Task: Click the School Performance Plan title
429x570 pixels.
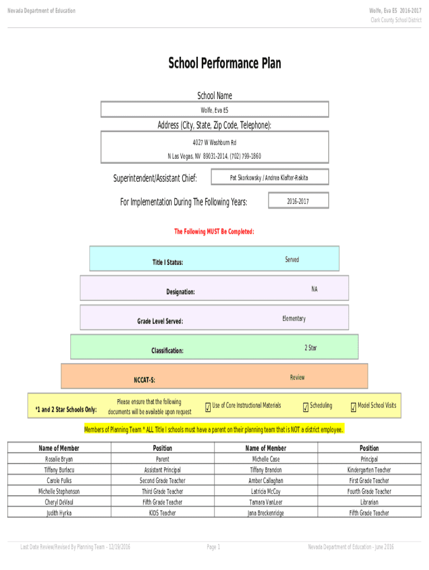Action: click(x=225, y=63)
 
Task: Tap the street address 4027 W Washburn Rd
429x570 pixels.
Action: click(x=214, y=143)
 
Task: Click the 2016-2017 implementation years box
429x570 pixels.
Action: click(x=298, y=201)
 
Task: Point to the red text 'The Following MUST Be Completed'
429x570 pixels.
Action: click(x=214, y=232)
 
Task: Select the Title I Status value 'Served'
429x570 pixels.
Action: click(x=292, y=260)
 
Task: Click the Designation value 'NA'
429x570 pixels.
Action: click(x=314, y=289)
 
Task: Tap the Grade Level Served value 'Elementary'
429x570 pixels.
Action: click(x=294, y=318)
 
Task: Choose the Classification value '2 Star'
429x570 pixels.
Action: click(x=310, y=348)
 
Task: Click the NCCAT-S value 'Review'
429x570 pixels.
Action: click(x=298, y=377)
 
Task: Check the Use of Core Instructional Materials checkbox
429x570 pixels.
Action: click(x=208, y=408)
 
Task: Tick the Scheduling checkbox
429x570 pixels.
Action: click(x=305, y=408)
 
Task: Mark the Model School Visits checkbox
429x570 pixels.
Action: click(x=353, y=408)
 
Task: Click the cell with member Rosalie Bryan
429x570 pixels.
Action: click(x=59, y=459)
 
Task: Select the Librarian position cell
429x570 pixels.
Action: click(x=369, y=502)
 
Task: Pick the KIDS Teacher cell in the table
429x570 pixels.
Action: click(x=163, y=513)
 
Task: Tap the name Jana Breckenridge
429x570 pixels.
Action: click(x=266, y=513)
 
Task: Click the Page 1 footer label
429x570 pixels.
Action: click(x=214, y=547)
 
